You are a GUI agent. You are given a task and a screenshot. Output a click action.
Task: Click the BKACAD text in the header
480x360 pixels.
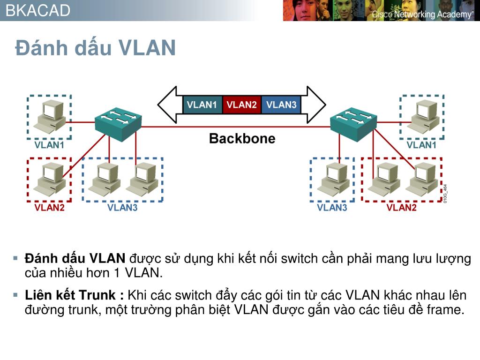point(38,10)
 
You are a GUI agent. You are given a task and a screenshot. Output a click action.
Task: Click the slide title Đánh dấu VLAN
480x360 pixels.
point(96,48)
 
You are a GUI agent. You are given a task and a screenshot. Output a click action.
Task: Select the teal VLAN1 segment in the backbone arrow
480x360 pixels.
point(202,105)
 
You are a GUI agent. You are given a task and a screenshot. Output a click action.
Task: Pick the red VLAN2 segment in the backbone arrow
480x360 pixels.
point(241,105)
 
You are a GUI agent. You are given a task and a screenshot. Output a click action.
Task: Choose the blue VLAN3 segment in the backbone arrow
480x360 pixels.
point(281,105)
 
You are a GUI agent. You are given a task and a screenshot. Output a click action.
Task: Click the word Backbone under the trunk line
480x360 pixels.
point(242,138)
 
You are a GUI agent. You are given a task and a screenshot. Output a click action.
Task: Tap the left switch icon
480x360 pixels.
point(118,124)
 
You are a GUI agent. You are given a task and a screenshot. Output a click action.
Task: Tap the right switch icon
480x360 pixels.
point(353,124)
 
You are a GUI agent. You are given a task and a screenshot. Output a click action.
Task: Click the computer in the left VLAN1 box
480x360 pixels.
point(50,117)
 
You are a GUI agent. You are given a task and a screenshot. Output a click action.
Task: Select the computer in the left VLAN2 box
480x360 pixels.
point(50,179)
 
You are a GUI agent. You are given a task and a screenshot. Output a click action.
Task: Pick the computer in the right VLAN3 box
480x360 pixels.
point(333,179)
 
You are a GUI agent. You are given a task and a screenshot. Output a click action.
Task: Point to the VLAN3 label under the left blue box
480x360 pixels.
point(122,208)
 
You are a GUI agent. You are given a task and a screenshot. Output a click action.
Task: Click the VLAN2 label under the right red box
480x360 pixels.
point(401,208)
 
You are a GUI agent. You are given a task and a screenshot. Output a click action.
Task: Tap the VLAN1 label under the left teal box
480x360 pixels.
point(49,145)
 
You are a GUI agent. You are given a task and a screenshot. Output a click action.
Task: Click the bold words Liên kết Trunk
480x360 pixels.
point(70,295)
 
